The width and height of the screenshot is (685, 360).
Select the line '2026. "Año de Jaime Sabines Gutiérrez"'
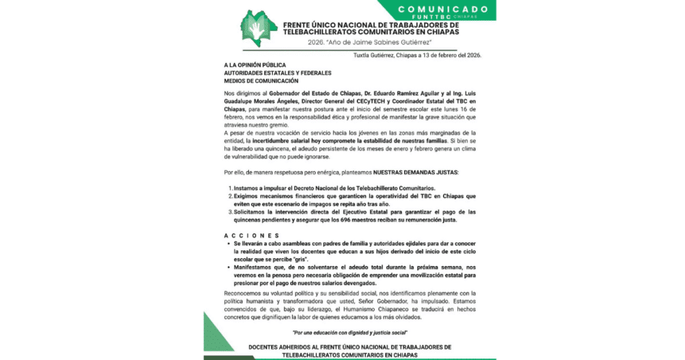click(377, 42)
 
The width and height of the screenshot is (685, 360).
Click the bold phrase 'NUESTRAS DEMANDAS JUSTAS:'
click(415, 172)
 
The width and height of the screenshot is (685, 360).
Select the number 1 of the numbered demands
click(230, 189)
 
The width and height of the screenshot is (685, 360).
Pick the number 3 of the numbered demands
click(230, 212)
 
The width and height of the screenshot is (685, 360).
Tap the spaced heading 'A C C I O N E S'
click(252, 236)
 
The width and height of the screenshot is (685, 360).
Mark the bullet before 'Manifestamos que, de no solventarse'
click(229, 267)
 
